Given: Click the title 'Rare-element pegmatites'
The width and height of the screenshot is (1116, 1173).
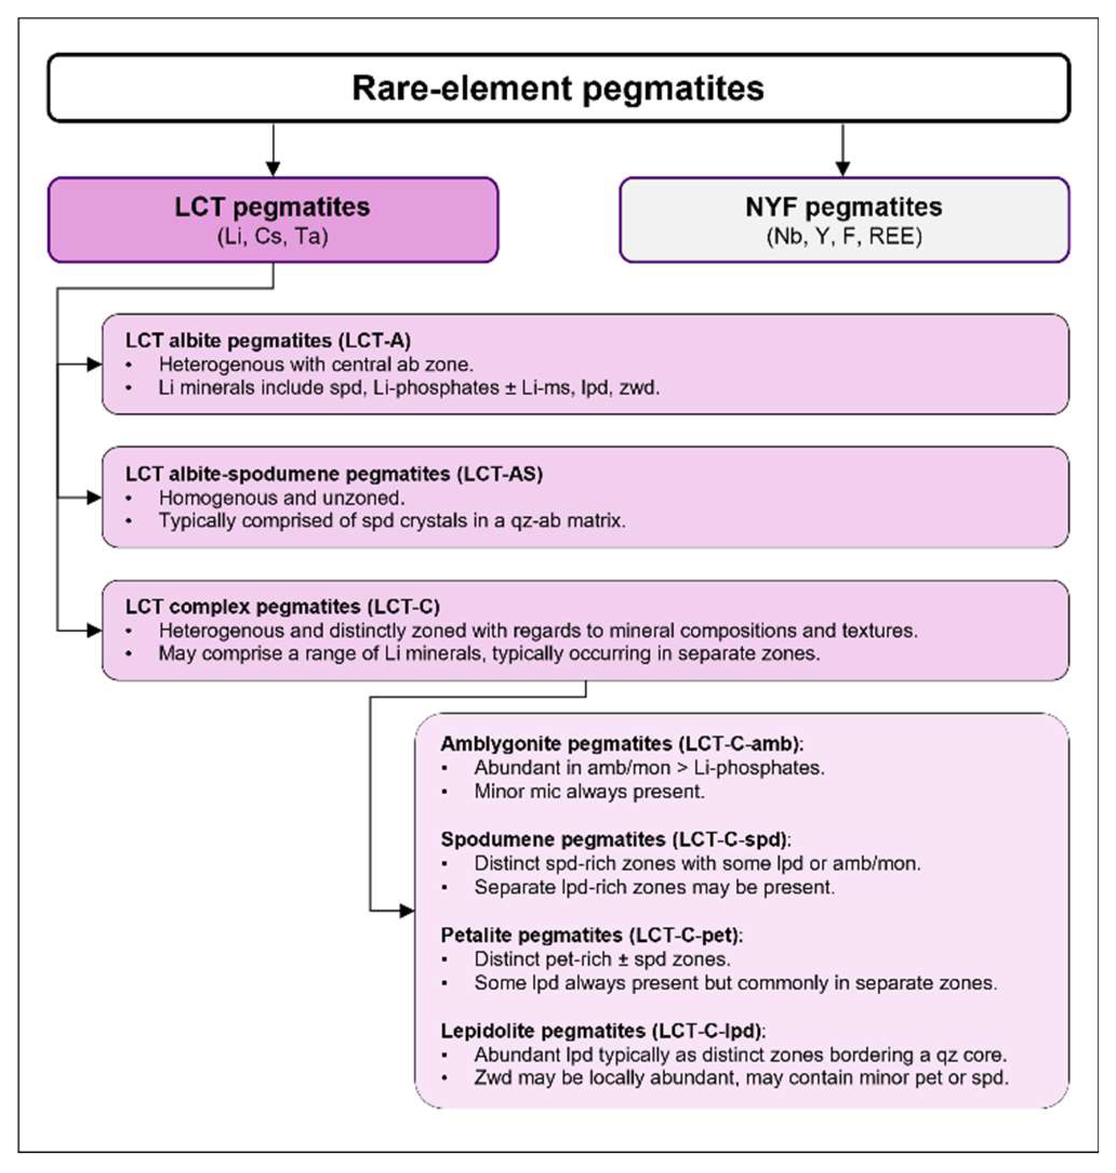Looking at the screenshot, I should tap(558, 89).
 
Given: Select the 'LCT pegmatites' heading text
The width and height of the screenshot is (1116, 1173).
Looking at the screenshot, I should tap(273, 207).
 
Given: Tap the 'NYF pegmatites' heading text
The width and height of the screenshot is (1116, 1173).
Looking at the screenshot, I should tap(843, 207).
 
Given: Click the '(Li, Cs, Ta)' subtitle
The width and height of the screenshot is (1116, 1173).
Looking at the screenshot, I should tap(273, 237).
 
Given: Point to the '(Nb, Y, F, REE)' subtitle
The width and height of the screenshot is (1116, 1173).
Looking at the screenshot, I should tap(843, 237).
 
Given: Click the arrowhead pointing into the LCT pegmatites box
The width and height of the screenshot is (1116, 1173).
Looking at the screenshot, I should tap(273, 168).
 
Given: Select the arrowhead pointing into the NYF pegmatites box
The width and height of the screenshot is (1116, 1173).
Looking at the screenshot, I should tap(843, 168).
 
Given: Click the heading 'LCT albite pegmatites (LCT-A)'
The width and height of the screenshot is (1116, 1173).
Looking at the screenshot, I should tap(268, 340).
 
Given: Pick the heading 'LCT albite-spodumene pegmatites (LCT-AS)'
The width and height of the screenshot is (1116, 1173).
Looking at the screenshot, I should tap(334, 474).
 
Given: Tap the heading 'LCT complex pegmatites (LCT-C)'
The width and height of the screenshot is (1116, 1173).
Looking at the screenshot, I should tap(283, 606).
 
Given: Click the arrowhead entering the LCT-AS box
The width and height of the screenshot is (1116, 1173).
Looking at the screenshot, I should tap(94, 498).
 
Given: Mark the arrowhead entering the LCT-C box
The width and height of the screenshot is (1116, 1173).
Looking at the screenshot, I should tap(94, 630).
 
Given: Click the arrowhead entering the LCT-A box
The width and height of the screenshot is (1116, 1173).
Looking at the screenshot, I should tap(94, 364).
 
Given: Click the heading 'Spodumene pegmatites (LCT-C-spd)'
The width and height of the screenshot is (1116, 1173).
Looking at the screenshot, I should tap(616, 839).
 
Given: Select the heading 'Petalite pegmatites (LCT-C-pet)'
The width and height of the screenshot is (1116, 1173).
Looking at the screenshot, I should tap(592, 935).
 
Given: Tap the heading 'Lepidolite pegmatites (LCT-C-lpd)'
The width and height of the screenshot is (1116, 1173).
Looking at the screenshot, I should tap(603, 1030).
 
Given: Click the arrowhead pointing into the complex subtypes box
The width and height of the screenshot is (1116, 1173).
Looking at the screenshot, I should tap(407, 911).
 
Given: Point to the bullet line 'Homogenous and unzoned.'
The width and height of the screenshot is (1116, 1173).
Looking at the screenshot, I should tap(281, 498).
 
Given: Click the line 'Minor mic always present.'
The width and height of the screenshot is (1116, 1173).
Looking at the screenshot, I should tap(589, 792).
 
